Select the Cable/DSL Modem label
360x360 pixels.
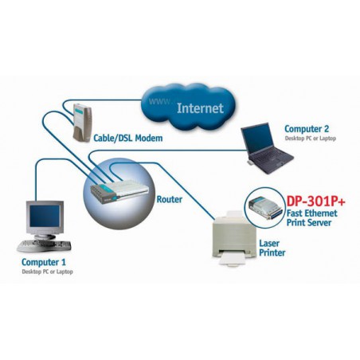129,139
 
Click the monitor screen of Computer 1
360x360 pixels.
43,215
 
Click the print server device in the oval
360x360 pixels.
264,209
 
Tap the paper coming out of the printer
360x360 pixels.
230,257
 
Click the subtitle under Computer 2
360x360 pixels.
310,139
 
